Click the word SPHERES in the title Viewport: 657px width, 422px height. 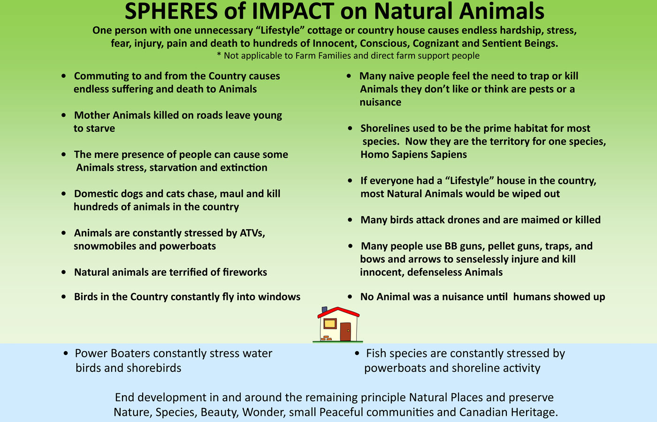click(171, 11)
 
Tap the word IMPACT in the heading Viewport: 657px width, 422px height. click(292, 11)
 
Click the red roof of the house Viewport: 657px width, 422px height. click(338, 312)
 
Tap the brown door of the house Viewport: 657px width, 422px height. click(345, 332)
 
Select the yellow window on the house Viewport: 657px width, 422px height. click(330, 324)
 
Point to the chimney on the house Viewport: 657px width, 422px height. click(324, 309)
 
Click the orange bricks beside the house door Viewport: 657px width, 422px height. click(326, 338)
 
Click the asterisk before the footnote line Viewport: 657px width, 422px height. click(219, 54)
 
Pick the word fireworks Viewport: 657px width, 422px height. click(244, 272)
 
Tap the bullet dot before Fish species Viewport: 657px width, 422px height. click(357, 353)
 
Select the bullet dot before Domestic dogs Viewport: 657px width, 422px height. click(64, 193)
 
